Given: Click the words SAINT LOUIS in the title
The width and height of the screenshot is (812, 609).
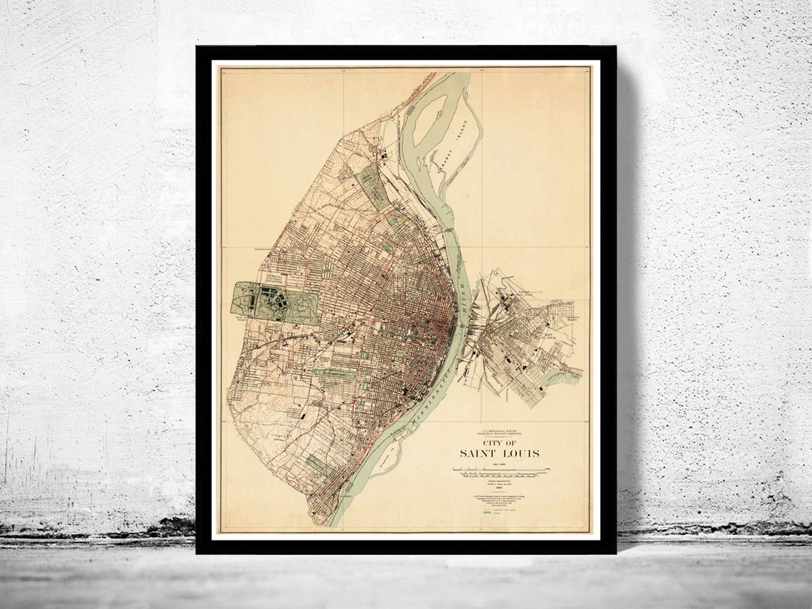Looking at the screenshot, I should click(x=498, y=454).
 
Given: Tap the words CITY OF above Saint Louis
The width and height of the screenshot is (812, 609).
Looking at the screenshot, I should click(x=499, y=441).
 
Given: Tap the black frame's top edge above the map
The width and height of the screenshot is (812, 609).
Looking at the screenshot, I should click(x=406, y=53).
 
